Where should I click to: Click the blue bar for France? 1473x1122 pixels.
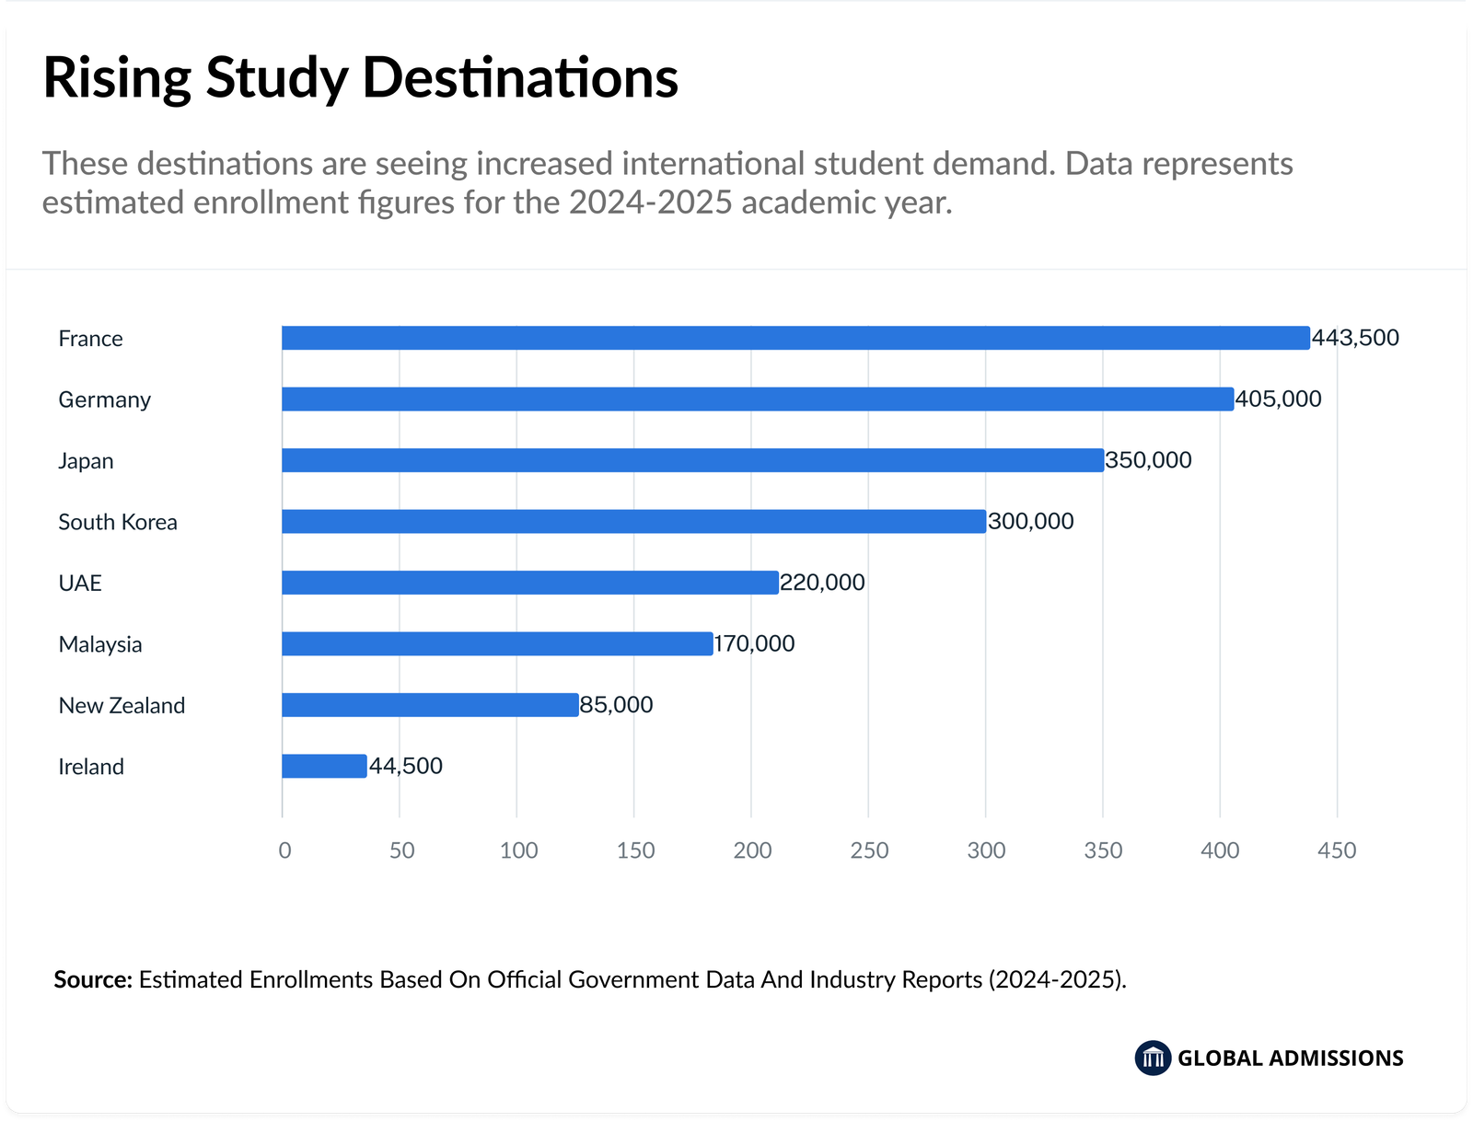pos(795,338)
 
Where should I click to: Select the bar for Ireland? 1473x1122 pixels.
pos(324,766)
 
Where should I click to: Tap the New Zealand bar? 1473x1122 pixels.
pos(430,705)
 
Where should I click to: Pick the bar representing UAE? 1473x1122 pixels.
pos(530,583)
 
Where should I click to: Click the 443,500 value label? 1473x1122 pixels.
pos(1355,338)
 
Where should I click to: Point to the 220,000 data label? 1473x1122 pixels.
pos(822,583)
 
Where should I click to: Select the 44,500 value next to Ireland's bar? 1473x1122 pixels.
pos(406,766)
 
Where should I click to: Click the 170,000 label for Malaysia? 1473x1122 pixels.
pos(754,643)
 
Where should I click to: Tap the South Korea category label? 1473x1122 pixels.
pos(118,522)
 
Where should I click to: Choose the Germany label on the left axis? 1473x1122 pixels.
pos(104,399)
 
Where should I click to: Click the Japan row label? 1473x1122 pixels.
pos(86,460)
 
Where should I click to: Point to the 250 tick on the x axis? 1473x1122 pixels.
pos(869,850)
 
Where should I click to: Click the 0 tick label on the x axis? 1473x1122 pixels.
pos(284,850)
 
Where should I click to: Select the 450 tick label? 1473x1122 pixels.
pos(1337,850)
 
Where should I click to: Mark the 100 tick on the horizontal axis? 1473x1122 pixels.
pos(518,850)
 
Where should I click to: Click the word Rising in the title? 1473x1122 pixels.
pos(116,78)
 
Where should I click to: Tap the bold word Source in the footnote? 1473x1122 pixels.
pos(93,979)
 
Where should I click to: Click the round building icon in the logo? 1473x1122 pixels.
pos(1153,1058)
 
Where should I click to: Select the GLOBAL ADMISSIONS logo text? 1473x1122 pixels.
pos(1290,1058)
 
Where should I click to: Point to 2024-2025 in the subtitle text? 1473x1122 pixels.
pos(650,202)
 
